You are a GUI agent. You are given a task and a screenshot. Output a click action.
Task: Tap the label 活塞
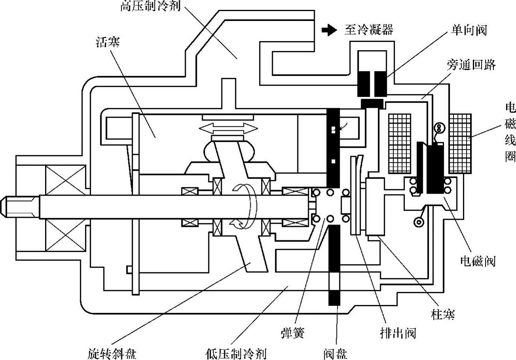[108, 42]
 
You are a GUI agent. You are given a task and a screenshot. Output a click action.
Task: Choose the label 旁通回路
[471, 65]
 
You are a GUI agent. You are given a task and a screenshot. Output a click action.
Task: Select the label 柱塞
[442, 315]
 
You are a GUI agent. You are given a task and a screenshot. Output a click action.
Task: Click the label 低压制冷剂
[235, 353]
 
